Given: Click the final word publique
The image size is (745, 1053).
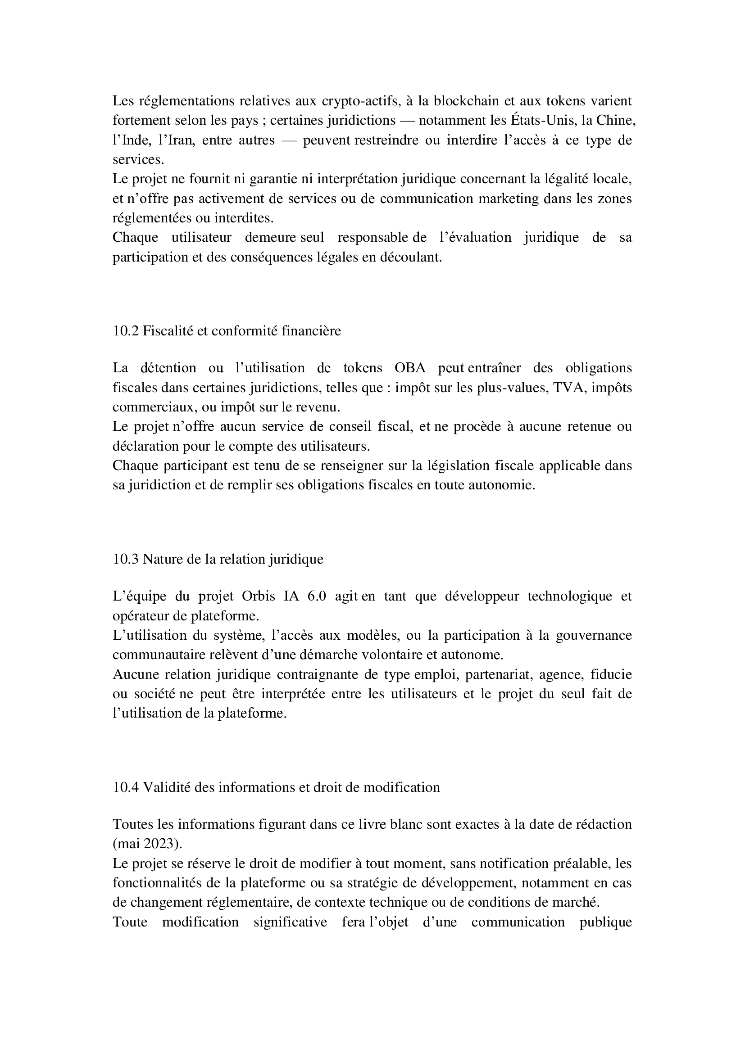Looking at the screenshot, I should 605,922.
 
